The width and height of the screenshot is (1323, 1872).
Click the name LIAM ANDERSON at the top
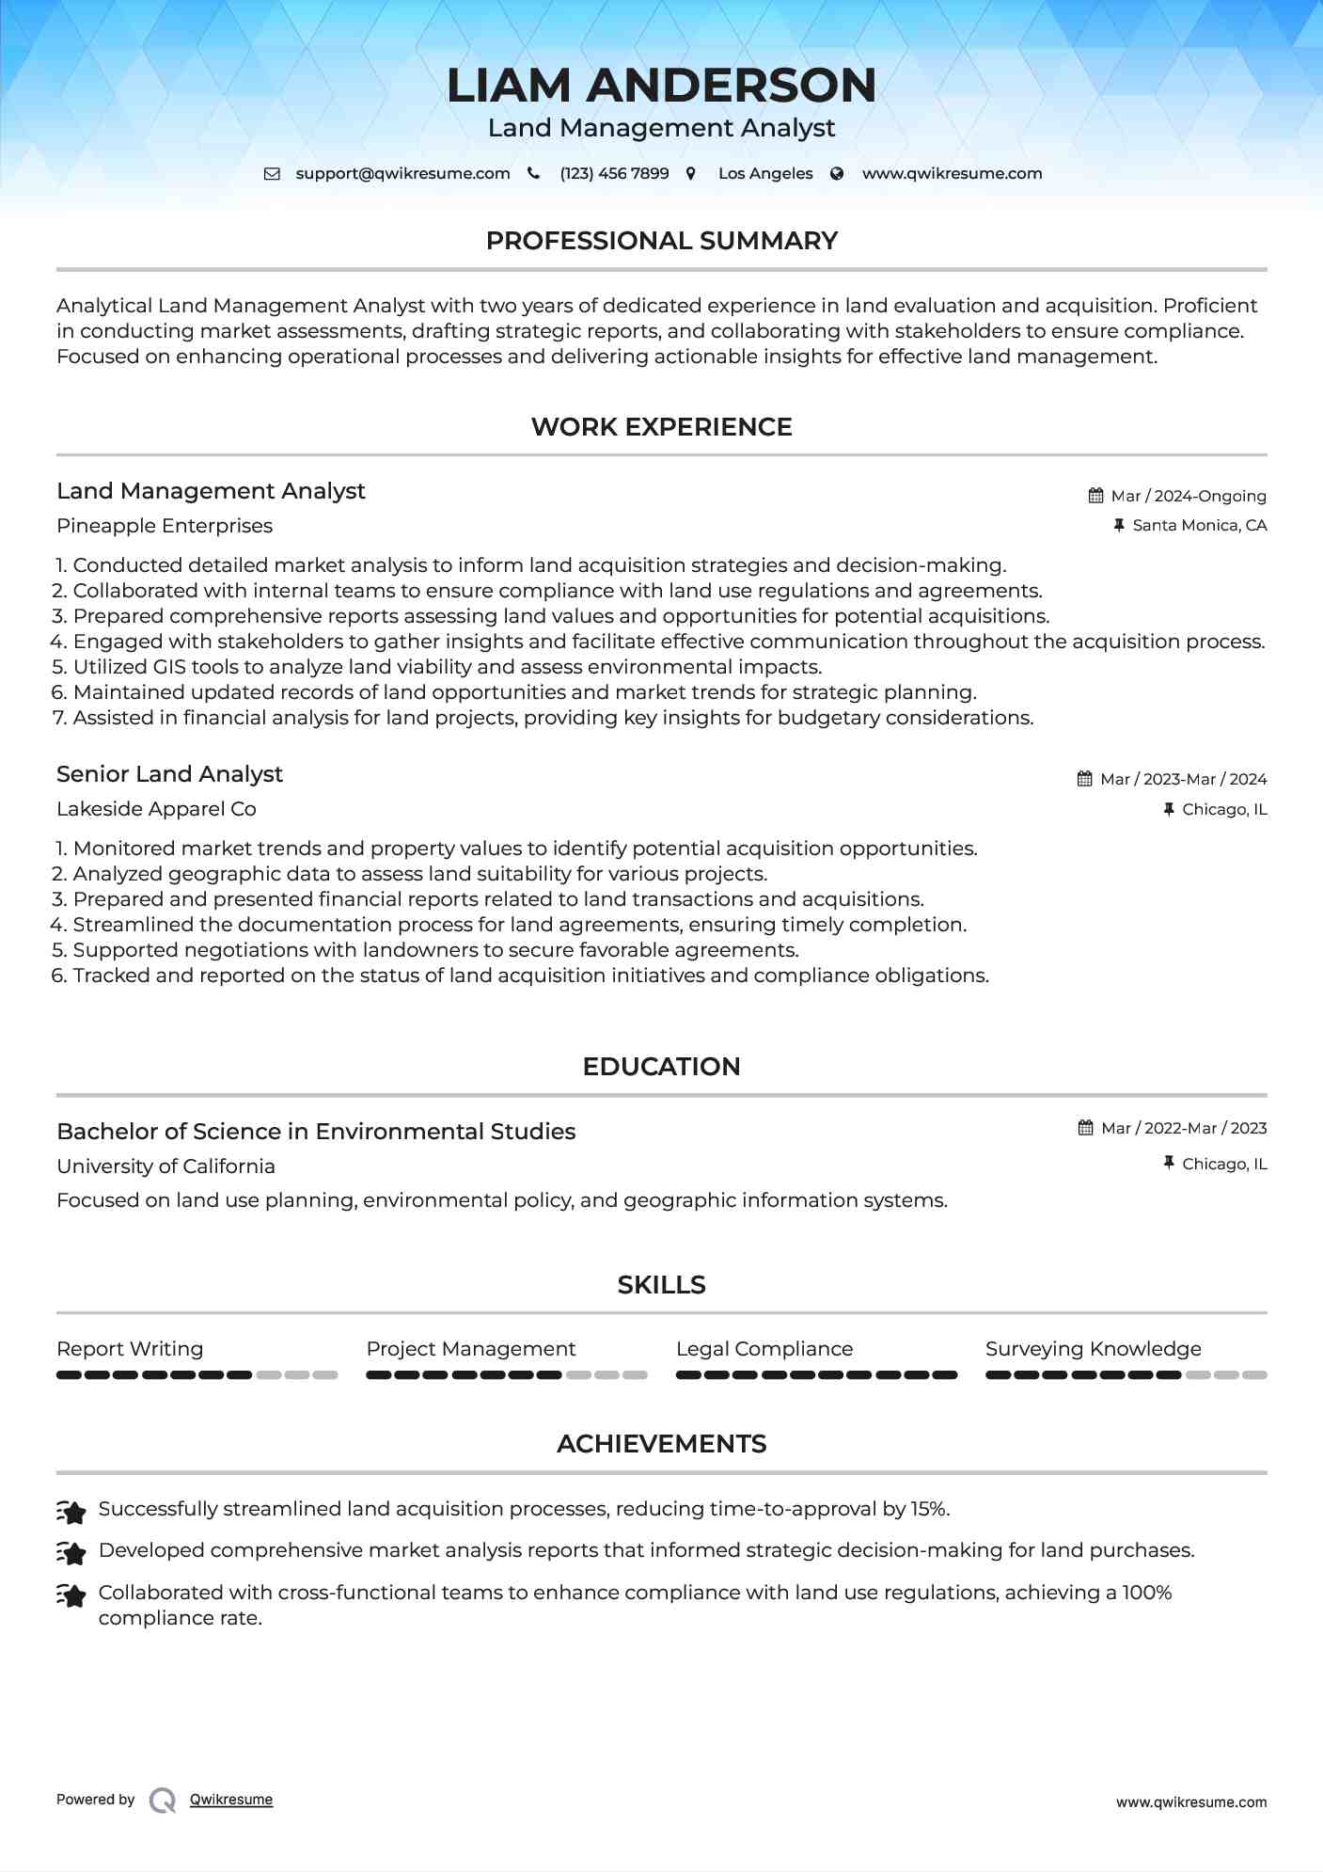coord(661,85)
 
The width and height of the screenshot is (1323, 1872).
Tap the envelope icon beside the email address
coord(272,174)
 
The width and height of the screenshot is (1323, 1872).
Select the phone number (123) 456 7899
coord(614,174)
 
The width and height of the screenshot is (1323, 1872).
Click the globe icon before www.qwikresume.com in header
coord(837,174)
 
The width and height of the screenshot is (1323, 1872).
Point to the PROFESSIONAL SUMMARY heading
coord(661,241)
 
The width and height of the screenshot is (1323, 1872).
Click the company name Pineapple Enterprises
coord(165,526)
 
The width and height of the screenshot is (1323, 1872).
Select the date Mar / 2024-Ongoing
coord(1189,496)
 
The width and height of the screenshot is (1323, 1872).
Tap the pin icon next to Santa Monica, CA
coord(1119,526)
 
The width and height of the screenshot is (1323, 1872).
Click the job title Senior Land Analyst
coord(169,774)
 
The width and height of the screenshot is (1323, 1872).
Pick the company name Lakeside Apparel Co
coord(156,809)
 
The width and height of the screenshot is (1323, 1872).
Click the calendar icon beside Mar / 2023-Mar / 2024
coord(1085,779)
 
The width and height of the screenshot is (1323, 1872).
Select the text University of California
coord(165,1166)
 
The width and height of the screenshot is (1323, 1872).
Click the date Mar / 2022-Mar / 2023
coord(1184,1128)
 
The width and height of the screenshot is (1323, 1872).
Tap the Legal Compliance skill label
coord(764,1349)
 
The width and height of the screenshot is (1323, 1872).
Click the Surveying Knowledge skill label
coord(1093,1349)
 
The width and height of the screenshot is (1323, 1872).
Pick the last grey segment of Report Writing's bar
coord(325,1375)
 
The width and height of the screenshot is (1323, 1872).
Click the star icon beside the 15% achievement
coord(71,1511)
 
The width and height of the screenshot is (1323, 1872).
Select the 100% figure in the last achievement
coord(1146,1593)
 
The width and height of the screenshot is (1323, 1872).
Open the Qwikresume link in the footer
coord(231,1800)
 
